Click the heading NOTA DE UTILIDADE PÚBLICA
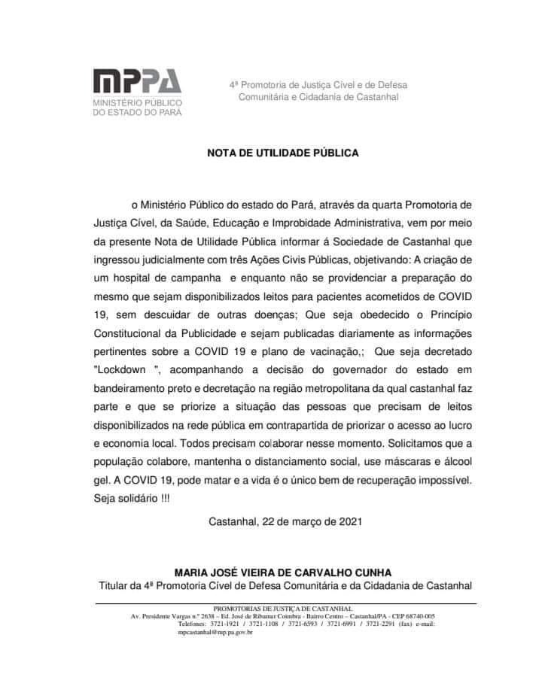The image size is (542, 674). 283,153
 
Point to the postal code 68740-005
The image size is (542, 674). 413,616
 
